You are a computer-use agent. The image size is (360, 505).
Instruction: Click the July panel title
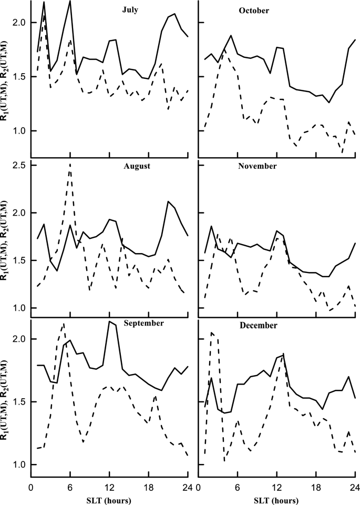pyautogui.click(x=130, y=10)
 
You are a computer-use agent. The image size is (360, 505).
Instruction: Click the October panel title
pyautogui.click(x=254, y=11)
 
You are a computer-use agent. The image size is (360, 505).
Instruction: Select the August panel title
pyautogui.click(x=137, y=167)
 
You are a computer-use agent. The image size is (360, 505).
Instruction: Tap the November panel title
pyautogui.click(x=257, y=166)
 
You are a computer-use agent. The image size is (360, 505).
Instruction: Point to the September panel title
pyautogui.click(x=144, y=324)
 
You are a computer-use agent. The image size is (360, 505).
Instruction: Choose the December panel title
pyautogui.click(x=259, y=326)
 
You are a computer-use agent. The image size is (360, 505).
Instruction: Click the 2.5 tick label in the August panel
pyautogui.click(x=21, y=165)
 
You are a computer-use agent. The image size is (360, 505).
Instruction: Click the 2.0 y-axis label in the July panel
pyautogui.click(x=21, y=23)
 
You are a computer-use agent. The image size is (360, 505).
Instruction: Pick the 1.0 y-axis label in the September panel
pyautogui.click(x=21, y=464)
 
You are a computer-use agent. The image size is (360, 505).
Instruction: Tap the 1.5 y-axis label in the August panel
pyautogui.click(x=21, y=260)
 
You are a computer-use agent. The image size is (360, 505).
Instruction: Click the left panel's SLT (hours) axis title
pyautogui.click(x=109, y=500)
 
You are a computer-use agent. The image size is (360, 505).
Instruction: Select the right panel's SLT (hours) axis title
pyautogui.click(x=276, y=500)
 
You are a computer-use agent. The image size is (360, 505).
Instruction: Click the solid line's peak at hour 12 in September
pyautogui.click(x=110, y=321)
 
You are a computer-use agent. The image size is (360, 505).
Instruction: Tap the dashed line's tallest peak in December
pyautogui.click(x=211, y=332)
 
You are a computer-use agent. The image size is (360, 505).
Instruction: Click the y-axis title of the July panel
pyautogui.click(x=5, y=81)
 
